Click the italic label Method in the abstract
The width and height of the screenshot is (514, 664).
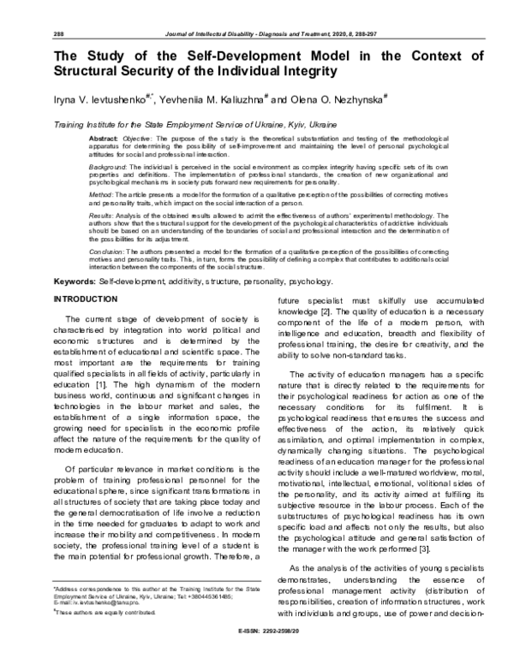pyautogui.click(x=103, y=194)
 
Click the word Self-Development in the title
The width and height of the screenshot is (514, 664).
pyautogui.click(x=200, y=56)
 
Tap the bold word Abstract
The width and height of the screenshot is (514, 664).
pyautogui.click(x=105, y=138)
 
